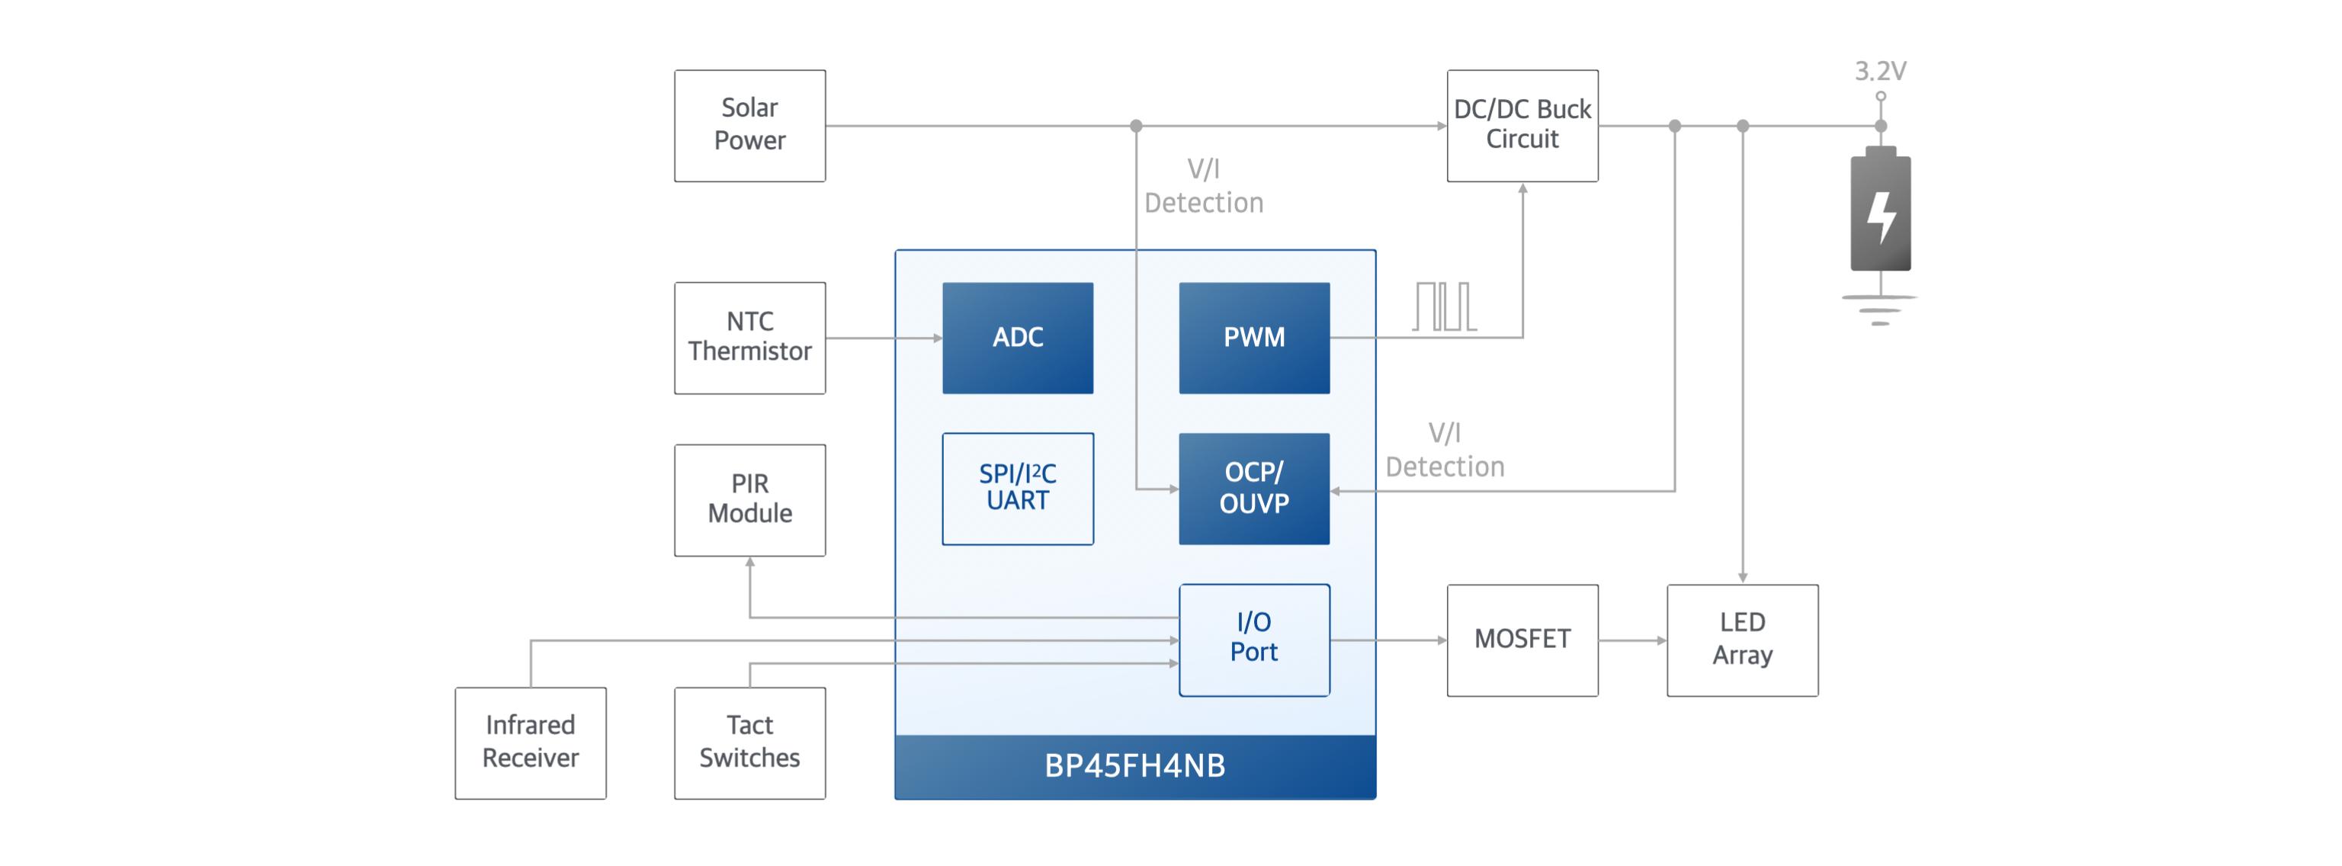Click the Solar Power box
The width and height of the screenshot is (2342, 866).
(x=749, y=125)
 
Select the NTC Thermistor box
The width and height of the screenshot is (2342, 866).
(x=749, y=337)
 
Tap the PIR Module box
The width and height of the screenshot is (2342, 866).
(x=749, y=500)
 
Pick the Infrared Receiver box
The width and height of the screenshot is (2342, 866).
(x=530, y=743)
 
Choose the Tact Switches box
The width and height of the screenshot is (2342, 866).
(x=749, y=743)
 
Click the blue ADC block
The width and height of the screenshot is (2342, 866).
(x=1017, y=337)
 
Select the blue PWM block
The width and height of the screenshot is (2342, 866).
(x=1254, y=337)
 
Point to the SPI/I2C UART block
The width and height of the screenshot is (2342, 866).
(x=1017, y=488)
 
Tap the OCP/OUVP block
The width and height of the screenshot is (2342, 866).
(x=1254, y=488)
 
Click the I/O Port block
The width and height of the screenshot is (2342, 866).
(x=1254, y=639)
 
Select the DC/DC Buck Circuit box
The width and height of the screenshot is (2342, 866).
(x=1522, y=125)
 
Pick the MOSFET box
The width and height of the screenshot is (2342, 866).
(x=1522, y=639)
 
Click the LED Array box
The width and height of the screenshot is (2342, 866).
(x=1742, y=639)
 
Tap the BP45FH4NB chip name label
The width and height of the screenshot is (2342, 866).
(x=1134, y=766)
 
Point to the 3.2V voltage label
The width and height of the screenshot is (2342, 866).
(x=1880, y=71)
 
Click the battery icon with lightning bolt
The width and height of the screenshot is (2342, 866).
(x=1880, y=211)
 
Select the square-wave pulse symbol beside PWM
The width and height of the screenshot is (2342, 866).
(x=1444, y=306)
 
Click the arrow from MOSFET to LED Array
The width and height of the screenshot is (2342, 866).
(x=1632, y=640)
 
